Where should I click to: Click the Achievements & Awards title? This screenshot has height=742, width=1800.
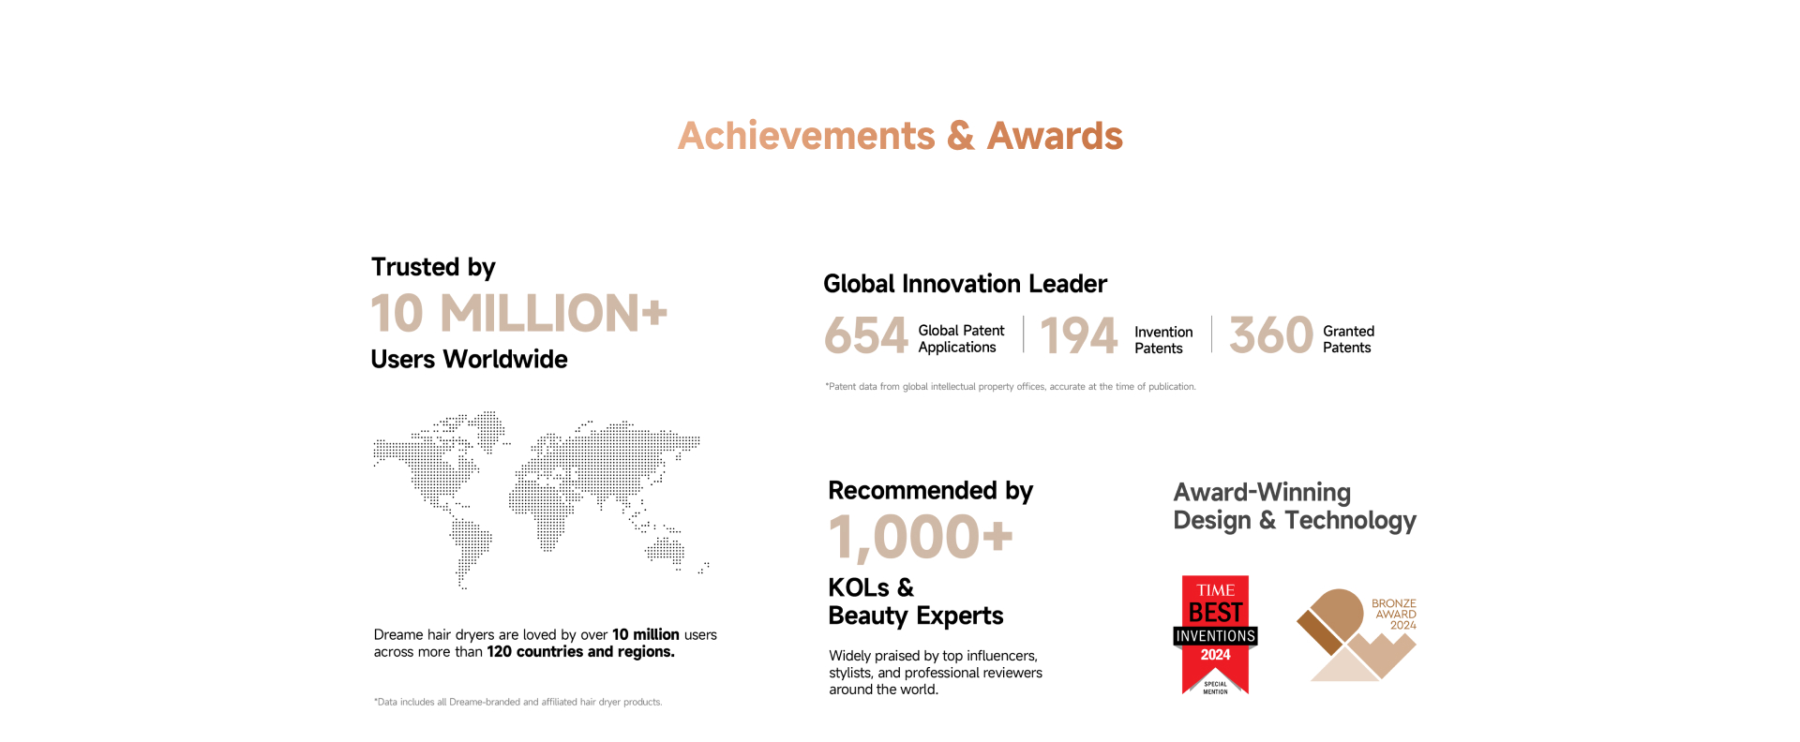tap(900, 136)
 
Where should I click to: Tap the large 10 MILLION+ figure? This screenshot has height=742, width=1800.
tap(518, 313)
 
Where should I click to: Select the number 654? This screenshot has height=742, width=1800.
tap(866, 335)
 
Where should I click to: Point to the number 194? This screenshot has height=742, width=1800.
tap(1078, 335)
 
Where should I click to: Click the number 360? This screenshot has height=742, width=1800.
tap(1271, 334)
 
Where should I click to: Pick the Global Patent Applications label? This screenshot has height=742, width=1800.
tap(961, 339)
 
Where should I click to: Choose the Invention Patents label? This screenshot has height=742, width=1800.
tap(1163, 340)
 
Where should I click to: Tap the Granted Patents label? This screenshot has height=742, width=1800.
tap(1348, 339)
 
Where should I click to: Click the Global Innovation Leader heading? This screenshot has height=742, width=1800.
tap(965, 284)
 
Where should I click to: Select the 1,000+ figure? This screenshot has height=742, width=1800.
tap(921, 538)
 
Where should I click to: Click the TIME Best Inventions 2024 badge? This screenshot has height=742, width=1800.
tap(1215, 635)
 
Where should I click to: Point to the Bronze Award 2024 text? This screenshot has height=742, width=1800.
tap(1394, 615)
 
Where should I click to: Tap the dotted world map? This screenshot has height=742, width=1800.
tap(541, 499)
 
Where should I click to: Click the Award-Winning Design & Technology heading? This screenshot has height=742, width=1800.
tap(1295, 507)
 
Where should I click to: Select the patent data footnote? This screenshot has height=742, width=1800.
tap(1011, 387)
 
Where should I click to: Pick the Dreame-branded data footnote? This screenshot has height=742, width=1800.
tap(517, 702)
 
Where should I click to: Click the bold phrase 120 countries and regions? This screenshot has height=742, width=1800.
tap(580, 652)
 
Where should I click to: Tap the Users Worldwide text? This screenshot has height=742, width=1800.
tap(469, 360)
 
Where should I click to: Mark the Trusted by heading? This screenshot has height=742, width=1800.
tap(433, 268)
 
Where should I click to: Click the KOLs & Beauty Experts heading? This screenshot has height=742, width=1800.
tap(916, 601)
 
